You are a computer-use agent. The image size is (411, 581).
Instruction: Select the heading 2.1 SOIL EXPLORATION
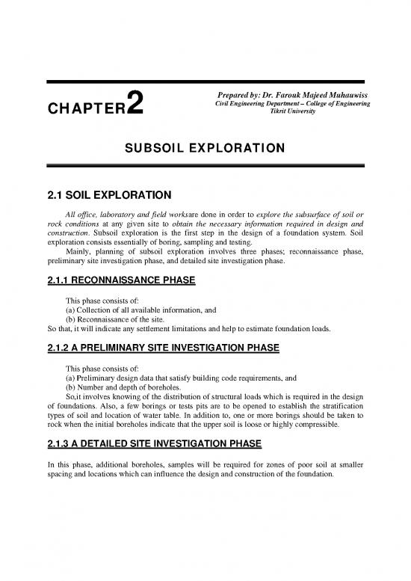[105, 196]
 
